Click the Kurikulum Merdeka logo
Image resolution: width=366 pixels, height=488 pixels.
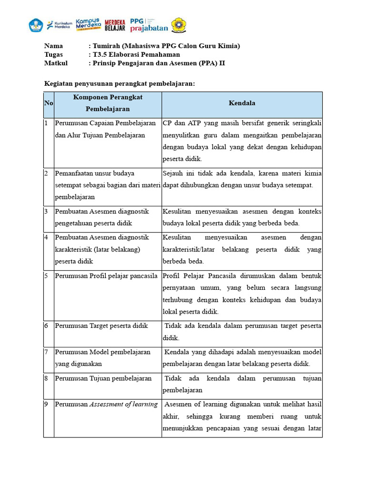pos(58,24)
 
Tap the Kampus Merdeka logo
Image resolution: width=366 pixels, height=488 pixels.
pos(88,24)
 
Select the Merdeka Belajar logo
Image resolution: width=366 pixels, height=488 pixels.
pos(115,25)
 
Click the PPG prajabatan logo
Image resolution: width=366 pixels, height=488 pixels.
pos(149,25)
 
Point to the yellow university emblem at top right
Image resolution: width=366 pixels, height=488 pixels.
pos(179,25)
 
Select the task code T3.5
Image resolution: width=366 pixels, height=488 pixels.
pos(101,55)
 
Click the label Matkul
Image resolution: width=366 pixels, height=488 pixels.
pos(56,63)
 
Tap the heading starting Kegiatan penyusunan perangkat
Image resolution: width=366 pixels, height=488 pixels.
pos(120,83)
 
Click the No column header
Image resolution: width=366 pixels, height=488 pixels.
pos(49,103)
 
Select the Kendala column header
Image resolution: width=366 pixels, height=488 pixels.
pos(242,103)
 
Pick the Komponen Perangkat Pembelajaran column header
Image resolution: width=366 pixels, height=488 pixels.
pos(108,103)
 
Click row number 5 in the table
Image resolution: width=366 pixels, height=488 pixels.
pos(47,276)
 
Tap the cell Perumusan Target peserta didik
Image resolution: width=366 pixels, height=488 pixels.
pos(102,326)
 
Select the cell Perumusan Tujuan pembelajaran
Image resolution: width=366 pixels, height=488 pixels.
pos(103,378)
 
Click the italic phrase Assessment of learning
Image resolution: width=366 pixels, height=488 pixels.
pos(124,405)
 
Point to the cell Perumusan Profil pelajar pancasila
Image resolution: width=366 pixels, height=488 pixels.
pos(106,276)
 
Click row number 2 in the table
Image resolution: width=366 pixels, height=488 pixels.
pos(47,173)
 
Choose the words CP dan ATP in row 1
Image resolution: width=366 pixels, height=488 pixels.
pos(182,123)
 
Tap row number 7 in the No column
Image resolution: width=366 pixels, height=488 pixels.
pos(47,352)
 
